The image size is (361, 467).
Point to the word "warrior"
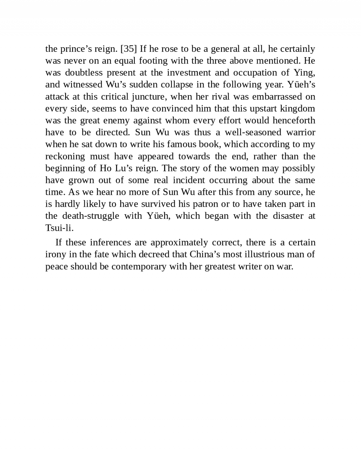(301, 132)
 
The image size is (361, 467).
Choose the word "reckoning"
(65, 156)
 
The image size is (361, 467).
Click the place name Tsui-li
(59, 228)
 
